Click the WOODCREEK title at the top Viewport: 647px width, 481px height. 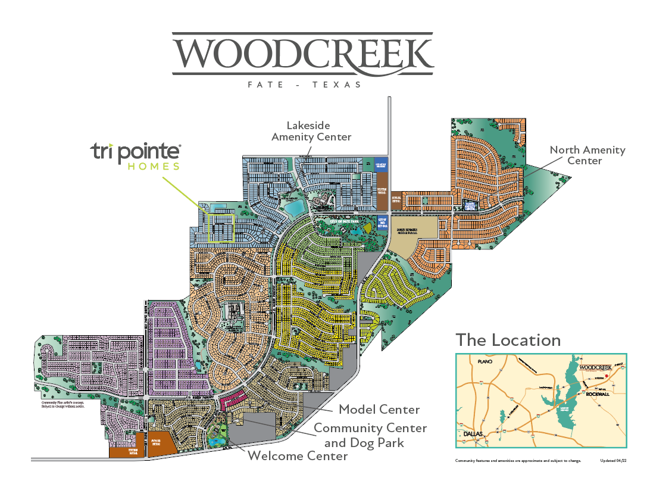[x=303, y=55]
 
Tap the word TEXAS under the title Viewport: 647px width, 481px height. [x=337, y=85]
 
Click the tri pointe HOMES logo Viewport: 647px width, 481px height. [x=136, y=156]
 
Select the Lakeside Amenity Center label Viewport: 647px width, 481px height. [x=311, y=131]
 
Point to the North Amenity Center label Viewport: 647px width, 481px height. [x=587, y=155]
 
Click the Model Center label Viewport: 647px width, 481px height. [x=379, y=410]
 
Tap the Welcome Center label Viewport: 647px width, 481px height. [x=297, y=457]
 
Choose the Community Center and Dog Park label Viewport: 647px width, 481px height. [x=370, y=435]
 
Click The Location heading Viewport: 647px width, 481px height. [x=508, y=340]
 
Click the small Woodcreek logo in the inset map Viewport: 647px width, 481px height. [x=595, y=367]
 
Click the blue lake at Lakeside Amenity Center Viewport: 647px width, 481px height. [x=293, y=208]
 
